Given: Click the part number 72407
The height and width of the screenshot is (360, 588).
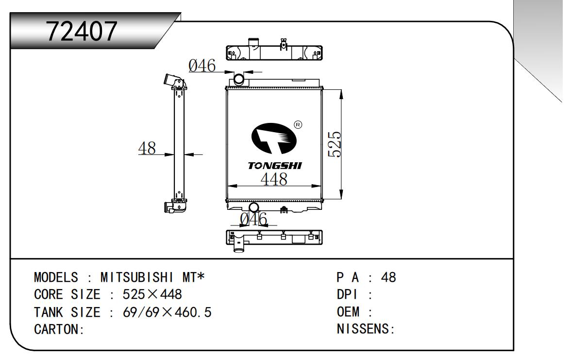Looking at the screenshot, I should pos(82,32).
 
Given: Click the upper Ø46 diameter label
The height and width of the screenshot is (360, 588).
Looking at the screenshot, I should pos(202,67).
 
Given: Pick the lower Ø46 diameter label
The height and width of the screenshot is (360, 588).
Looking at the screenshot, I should pos(254,219).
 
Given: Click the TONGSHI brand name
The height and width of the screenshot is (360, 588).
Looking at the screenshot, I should pos(275,166).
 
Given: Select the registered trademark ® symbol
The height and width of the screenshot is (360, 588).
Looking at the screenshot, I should pos(298,125).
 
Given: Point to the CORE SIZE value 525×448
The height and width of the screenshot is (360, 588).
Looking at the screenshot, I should pos(152,295).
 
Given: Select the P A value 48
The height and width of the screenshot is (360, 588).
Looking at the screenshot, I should pos(388,278).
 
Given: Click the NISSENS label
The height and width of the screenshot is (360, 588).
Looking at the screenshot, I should pos(364,329).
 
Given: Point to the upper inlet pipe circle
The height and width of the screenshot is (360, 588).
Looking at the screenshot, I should pos(239,78).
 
